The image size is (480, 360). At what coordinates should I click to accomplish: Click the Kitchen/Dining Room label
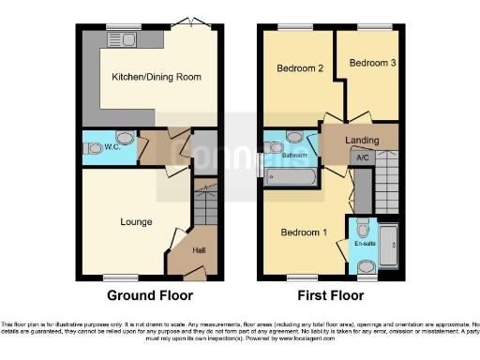[x=157, y=77]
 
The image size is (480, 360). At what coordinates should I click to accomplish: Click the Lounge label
[x=136, y=222]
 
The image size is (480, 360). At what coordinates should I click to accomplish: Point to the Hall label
[x=199, y=250]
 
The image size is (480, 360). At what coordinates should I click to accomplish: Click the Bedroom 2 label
[x=300, y=68]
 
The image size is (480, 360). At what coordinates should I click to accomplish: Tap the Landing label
[x=362, y=141]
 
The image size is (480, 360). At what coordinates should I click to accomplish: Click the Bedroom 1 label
[x=306, y=232]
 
